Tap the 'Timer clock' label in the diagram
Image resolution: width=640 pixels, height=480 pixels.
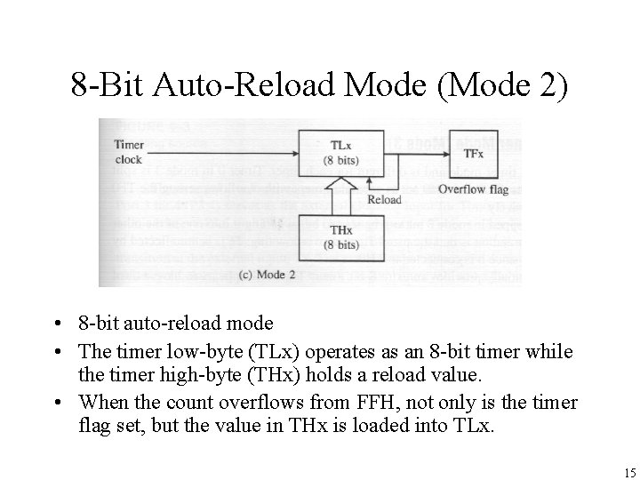129,153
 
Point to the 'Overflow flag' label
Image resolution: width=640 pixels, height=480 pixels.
473,189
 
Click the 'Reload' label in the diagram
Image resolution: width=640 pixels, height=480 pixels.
383,200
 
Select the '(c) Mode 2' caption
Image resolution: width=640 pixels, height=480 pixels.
268,275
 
